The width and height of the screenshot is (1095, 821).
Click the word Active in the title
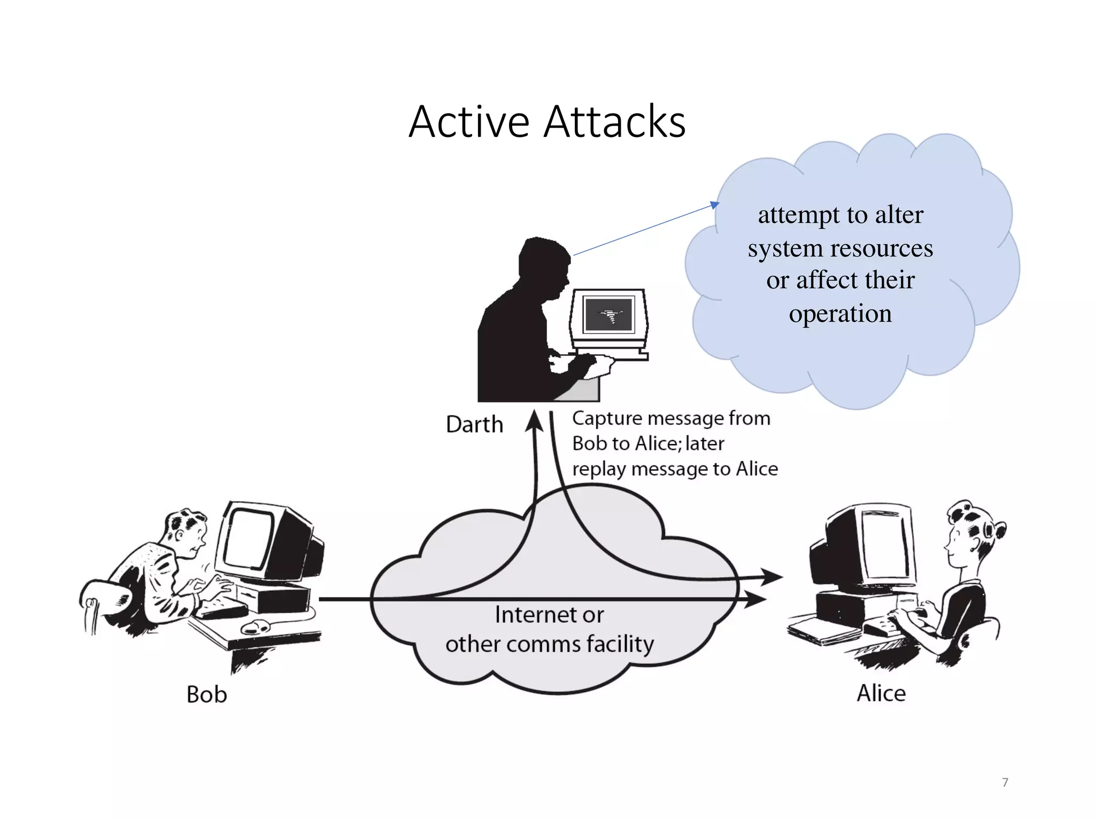coord(469,122)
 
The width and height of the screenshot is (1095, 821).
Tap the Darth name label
coord(474,425)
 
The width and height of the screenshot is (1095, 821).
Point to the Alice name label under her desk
coord(881,693)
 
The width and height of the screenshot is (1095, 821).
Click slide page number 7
coord(1005,783)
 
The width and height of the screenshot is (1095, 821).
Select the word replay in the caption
coord(599,469)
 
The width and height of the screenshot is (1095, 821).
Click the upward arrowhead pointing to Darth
coord(534,421)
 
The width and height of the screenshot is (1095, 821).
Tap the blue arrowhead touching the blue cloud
coord(715,205)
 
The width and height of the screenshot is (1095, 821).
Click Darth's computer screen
coord(608,315)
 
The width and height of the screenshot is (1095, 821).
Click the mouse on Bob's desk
coord(257,626)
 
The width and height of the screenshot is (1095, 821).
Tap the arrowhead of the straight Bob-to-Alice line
coord(757,599)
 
